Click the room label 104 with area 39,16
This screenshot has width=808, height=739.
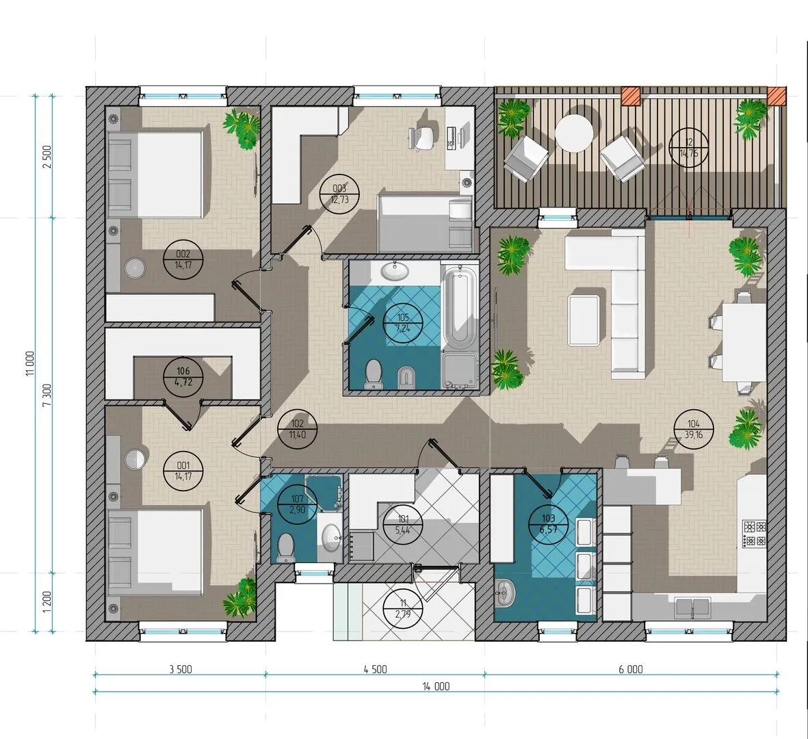pos(694,429)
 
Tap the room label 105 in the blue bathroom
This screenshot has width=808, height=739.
pos(403,322)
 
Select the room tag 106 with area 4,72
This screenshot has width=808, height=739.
pos(183,376)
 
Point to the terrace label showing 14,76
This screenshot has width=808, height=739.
pos(689,147)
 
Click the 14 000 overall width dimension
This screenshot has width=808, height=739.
pos(436,686)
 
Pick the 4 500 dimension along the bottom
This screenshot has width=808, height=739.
pos(375,669)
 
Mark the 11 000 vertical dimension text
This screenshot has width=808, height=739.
pos(30,364)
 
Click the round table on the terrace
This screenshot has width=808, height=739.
pos(573,133)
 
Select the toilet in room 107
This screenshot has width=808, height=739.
pos(285,547)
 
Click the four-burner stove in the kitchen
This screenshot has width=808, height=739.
pos(754,534)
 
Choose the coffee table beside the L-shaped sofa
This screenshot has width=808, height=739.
pos(584,320)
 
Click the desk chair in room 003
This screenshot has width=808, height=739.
pos(423,137)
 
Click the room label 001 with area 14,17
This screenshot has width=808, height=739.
pos(183,471)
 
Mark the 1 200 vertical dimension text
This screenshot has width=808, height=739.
pos(47,602)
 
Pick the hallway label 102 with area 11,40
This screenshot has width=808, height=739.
pos(298,429)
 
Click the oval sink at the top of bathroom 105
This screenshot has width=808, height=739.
pos(395,270)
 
